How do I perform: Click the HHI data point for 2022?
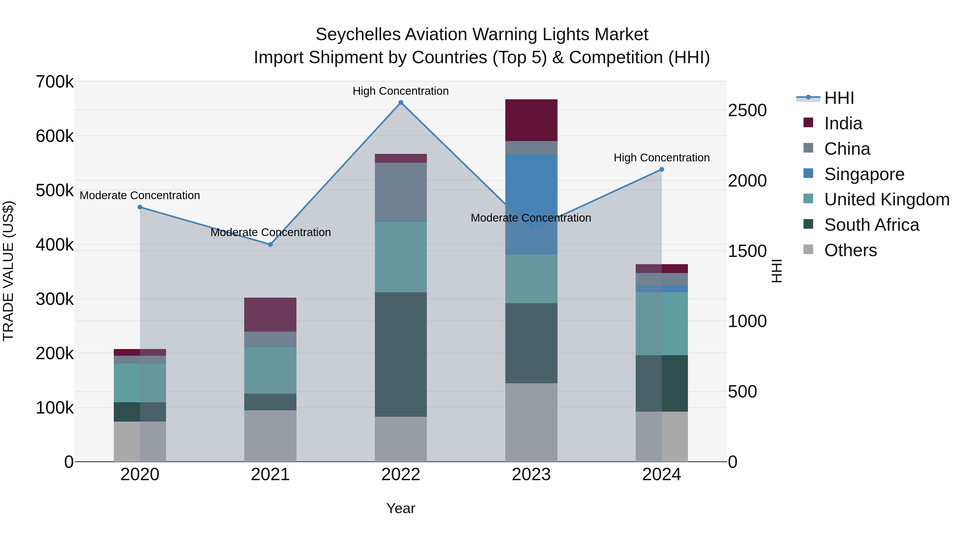[x=401, y=103]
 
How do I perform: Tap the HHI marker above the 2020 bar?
[x=140, y=207]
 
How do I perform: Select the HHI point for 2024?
[x=662, y=169]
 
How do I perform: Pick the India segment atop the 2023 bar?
[x=531, y=120]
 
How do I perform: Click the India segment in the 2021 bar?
[x=270, y=314]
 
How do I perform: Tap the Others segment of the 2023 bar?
[x=531, y=422]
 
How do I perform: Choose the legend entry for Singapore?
[x=864, y=174]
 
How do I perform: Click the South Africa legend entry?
[x=871, y=225]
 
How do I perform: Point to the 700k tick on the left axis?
[x=55, y=82]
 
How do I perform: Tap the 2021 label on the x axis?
[x=270, y=475]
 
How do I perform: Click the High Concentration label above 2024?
[x=662, y=158]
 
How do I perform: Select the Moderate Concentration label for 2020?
[x=140, y=196]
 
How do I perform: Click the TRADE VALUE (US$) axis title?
[x=8, y=271]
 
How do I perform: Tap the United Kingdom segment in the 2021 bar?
[x=270, y=370]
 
